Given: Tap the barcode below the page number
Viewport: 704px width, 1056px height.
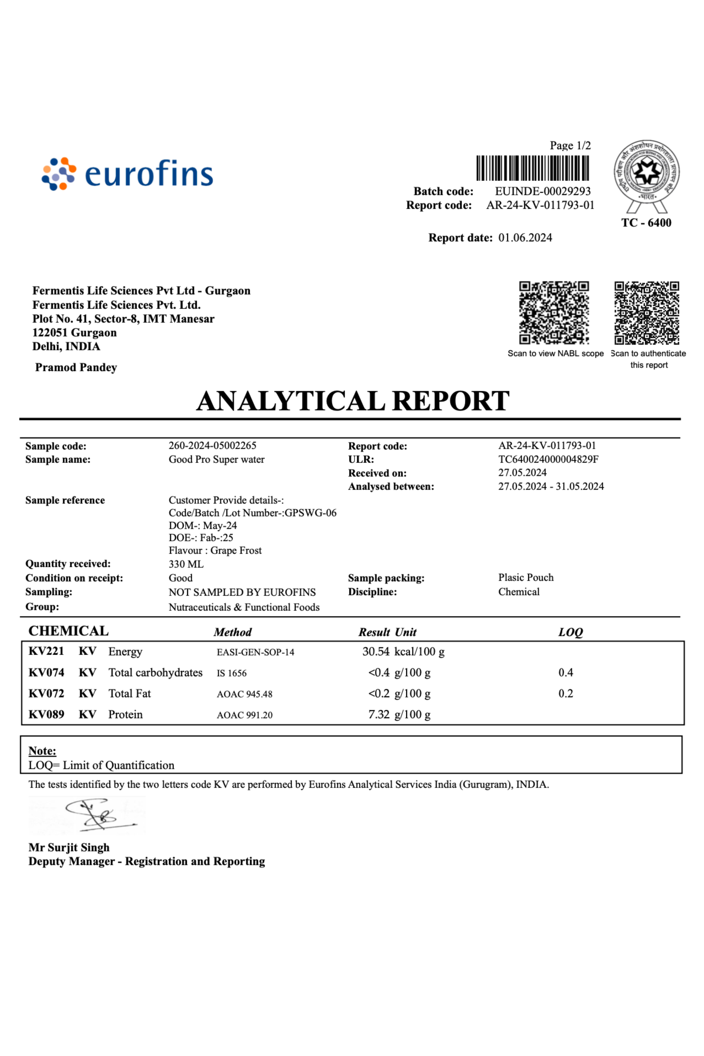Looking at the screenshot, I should click(x=532, y=168).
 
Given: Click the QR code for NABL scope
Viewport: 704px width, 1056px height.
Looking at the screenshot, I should click(x=554, y=312).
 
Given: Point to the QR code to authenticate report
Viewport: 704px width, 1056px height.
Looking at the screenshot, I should click(x=647, y=312).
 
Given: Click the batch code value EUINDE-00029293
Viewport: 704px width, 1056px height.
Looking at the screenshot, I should click(x=543, y=191).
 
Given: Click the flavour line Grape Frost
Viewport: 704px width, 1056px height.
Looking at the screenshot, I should click(x=215, y=550).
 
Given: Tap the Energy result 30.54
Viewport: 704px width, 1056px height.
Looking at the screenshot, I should click(x=376, y=651).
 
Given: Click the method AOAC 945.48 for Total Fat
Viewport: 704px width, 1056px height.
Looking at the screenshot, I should click(x=245, y=694).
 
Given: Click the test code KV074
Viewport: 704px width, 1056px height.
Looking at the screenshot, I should click(x=46, y=673).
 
